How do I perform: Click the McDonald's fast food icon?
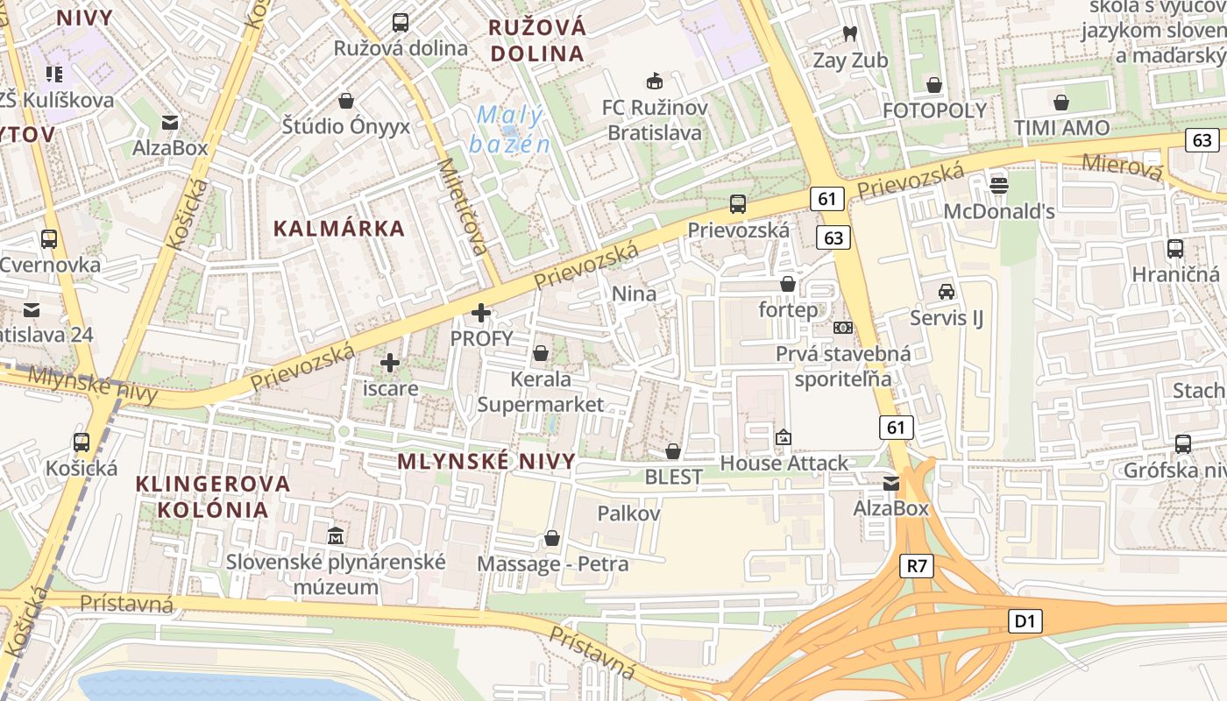click(x=998, y=185)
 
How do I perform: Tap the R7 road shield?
click(x=916, y=566)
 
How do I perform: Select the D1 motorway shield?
click(x=1025, y=622)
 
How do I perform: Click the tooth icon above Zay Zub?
click(x=848, y=34)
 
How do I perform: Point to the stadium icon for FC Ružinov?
click(x=654, y=81)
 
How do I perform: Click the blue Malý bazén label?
click(x=510, y=130)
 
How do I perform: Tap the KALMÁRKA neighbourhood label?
click(x=339, y=229)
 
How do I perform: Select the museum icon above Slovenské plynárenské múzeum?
click(x=335, y=535)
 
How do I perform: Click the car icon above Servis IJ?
click(x=946, y=292)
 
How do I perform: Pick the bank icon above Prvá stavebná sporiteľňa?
click(x=842, y=328)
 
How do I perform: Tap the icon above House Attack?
click(x=783, y=436)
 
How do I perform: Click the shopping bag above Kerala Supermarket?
click(x=541, y=353)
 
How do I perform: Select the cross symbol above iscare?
click(x=390, y=362)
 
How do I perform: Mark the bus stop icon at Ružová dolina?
click(x=401, y=23)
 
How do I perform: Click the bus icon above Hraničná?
click(x=1174, y=248)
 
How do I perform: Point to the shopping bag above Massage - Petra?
click(x=552, y=537)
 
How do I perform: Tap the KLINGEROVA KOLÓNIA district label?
click(x=213, y=496)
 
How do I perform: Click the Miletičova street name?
click(x=462, y=207)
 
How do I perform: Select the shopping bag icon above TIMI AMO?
click(x=1061, y=103)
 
